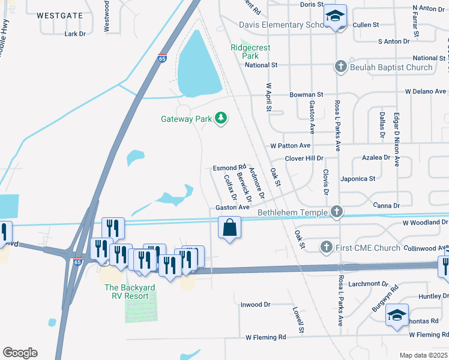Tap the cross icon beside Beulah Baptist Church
coord(340,67)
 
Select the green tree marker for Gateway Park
coord(221,118)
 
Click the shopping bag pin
coord(229,228)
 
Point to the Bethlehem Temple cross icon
coord(337,212)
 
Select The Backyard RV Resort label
coord(130,292)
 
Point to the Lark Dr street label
coord(75,34)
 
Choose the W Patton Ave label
coord(291,146)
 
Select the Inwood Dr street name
coord(256,304)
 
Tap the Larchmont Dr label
coord(363,284)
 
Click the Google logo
coord(20,353)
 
